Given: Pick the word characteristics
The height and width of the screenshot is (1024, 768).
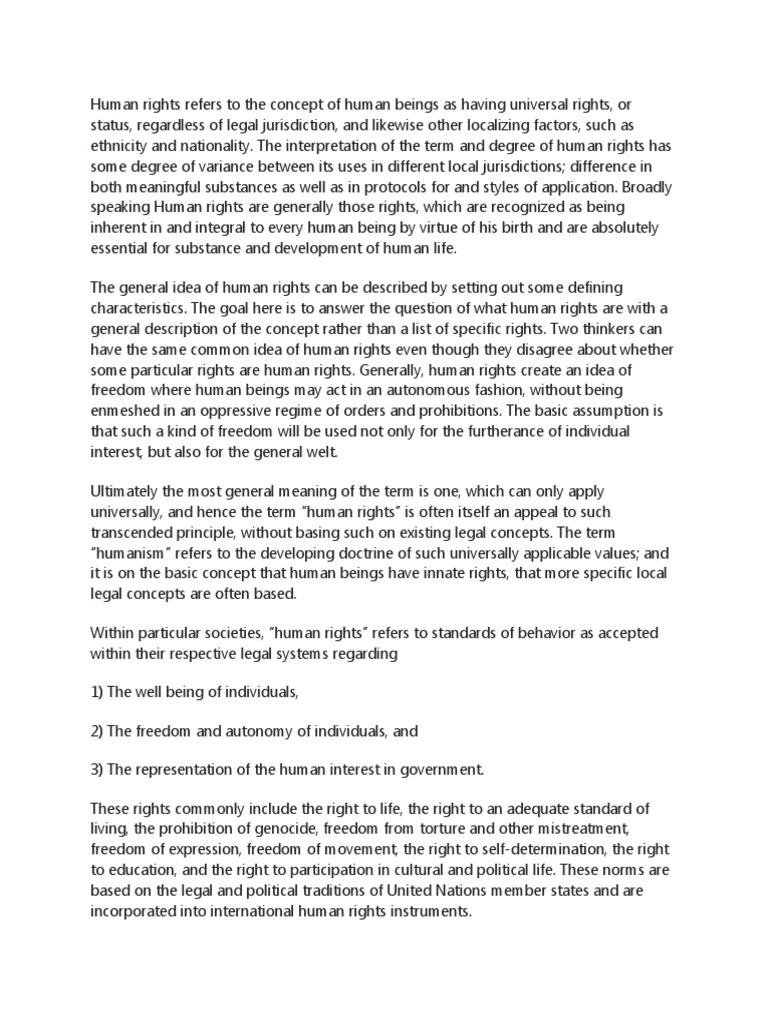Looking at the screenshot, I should click(138, 308).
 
